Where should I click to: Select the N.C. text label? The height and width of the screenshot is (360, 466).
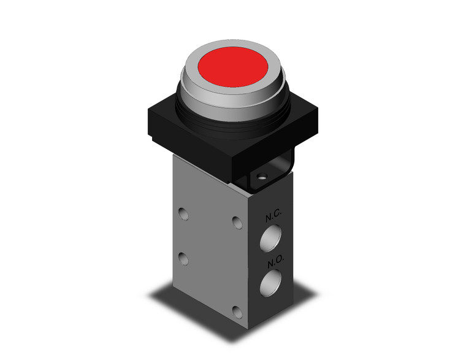click(273, 216)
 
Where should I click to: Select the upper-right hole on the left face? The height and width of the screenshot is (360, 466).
click(237, 220)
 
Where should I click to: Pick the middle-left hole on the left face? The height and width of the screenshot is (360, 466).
click(182, 256)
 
